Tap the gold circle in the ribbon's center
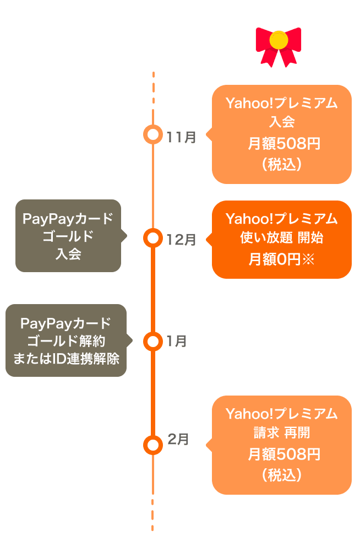point(279,40)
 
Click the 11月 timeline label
point(182,137)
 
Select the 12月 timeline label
point(182,240)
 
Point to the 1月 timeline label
point(177,342)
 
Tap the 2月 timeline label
point(178,439)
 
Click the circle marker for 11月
point(152,134)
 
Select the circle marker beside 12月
point(152,238)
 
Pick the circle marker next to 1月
point(152,341)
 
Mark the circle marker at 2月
point(152,445)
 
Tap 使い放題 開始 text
point(281,239)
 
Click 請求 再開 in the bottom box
point(281,434)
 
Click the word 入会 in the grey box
point(68,255)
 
